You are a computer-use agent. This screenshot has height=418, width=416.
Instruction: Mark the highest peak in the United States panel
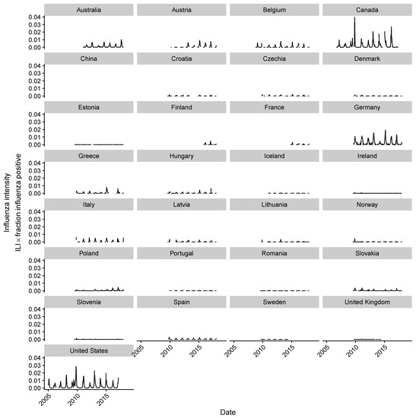coord(76,367)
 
